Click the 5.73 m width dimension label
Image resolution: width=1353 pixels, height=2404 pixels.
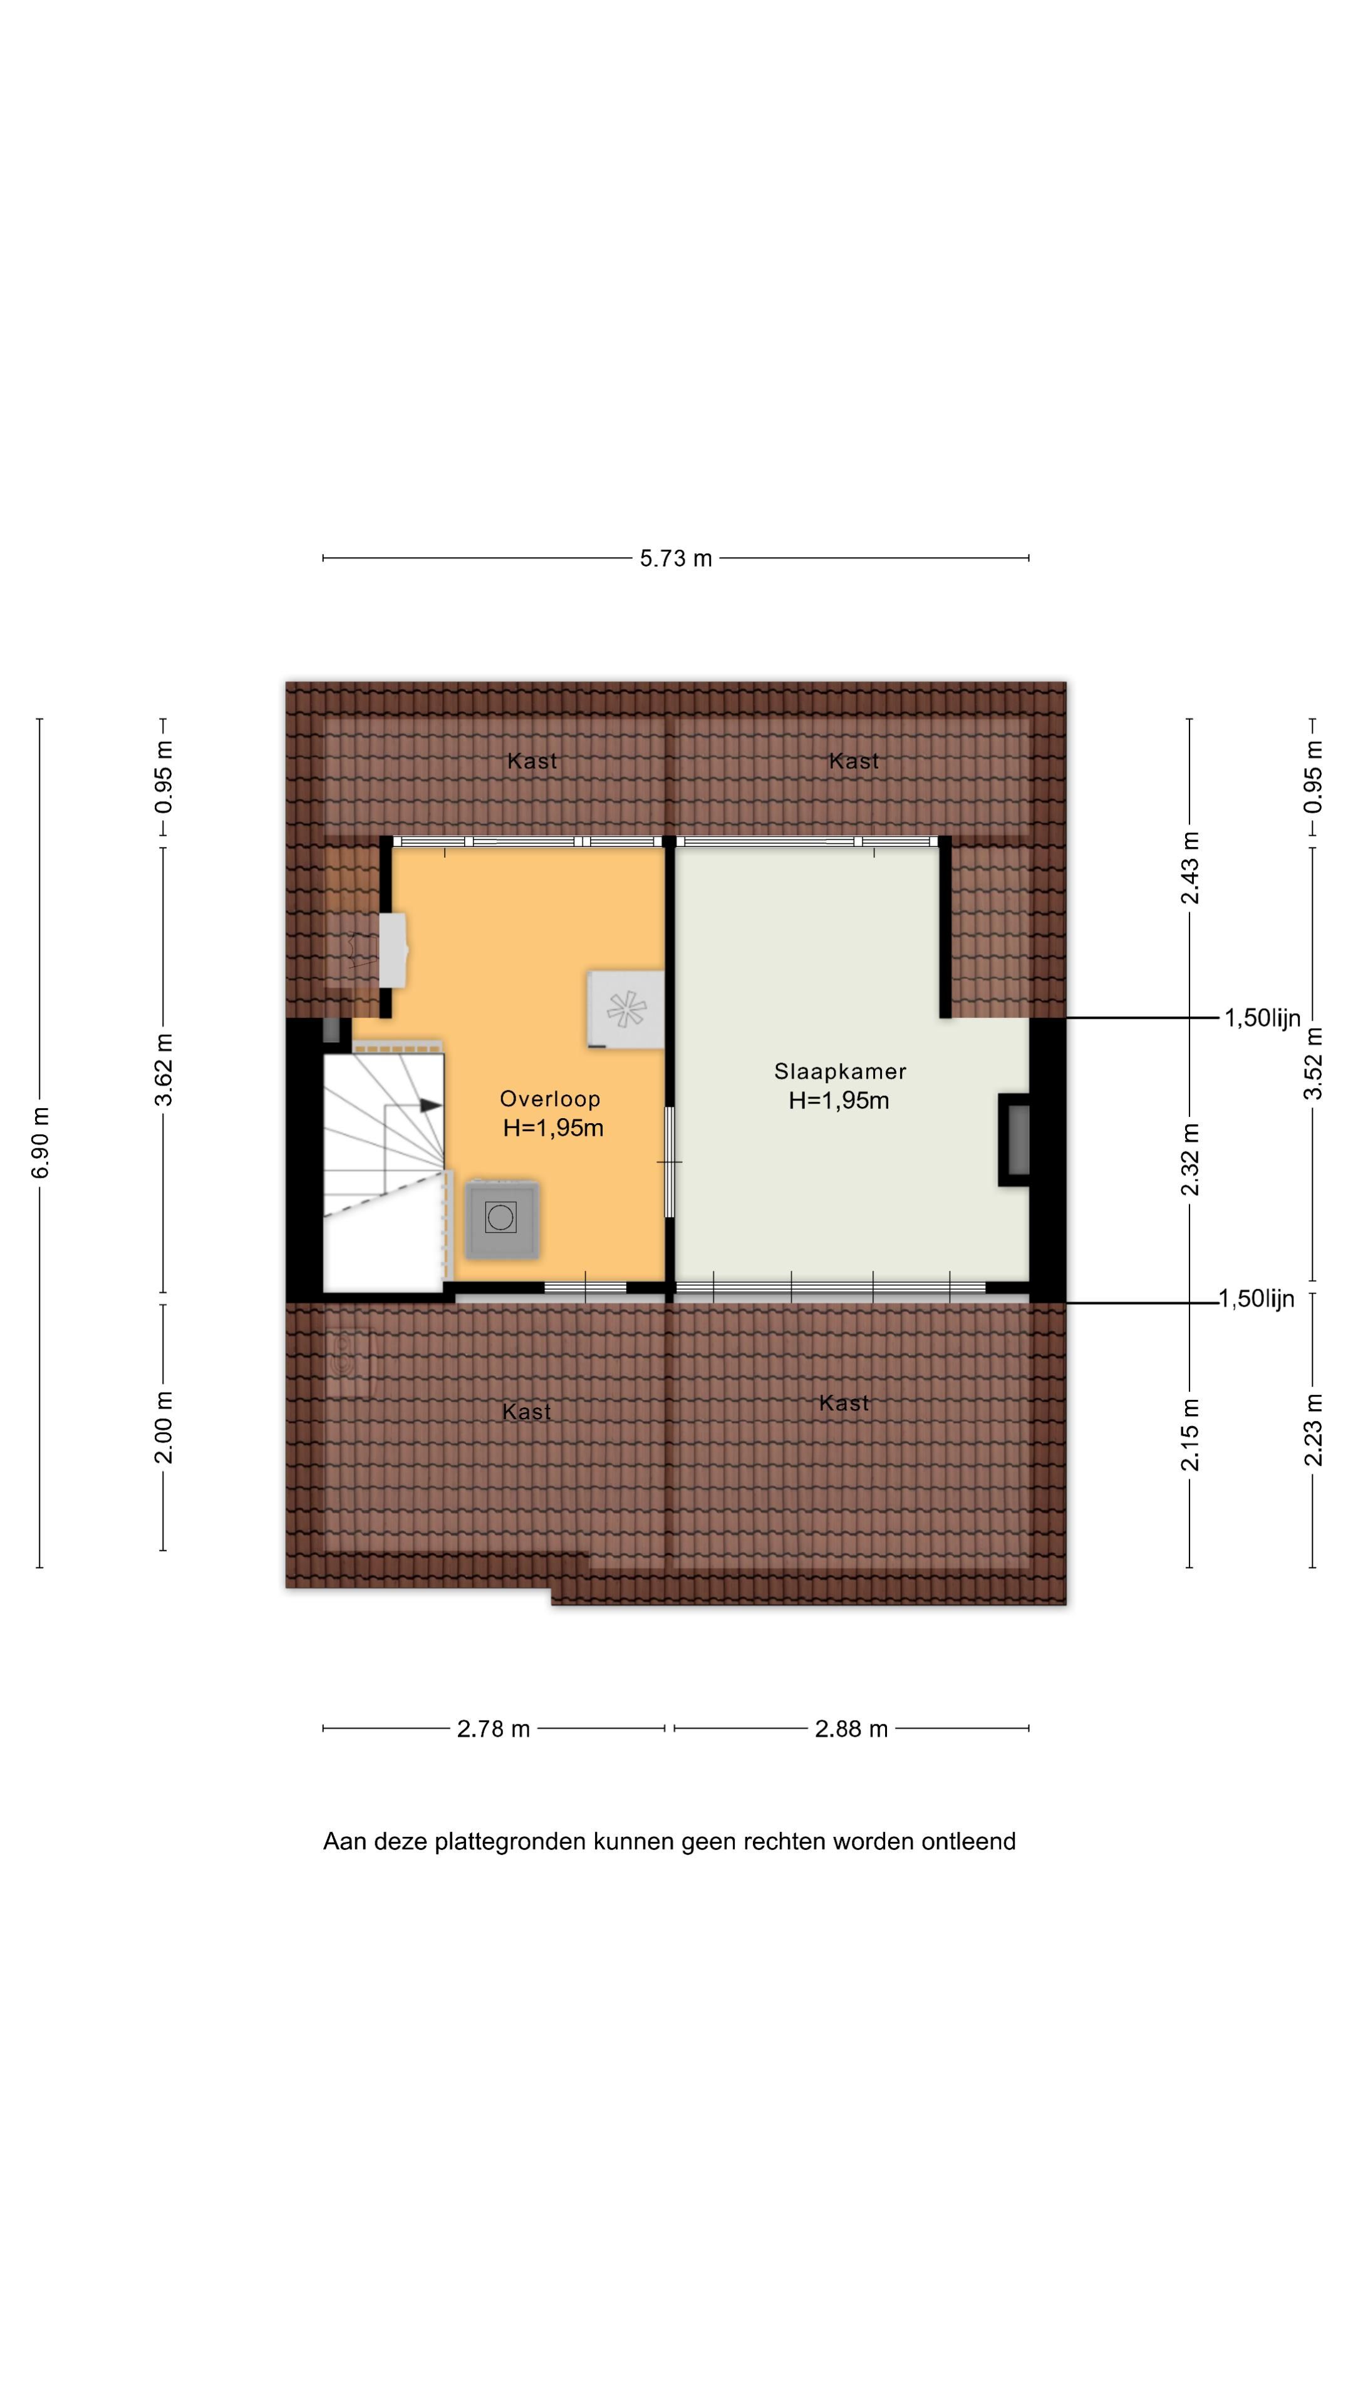[x=675, y=558]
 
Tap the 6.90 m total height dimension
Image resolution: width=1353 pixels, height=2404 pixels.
[x=40, y=1143]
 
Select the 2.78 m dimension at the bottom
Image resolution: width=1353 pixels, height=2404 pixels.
[x=493, y=1729]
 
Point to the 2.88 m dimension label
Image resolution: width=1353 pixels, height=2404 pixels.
[x=851, y=1729]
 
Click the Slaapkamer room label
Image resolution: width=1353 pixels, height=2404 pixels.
[x=839, y=1071]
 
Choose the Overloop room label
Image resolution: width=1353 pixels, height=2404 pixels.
[x=550, y=1099]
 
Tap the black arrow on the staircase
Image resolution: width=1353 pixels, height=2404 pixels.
[x=430, y=1105]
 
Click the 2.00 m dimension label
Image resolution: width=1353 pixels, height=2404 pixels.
[x=164, y=1427]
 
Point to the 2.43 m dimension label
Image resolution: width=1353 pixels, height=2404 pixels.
[x=1190, y=868]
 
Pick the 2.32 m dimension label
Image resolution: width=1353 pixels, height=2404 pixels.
[x=1190, y=1159]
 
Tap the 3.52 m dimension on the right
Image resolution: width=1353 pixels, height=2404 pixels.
[x=1313, y=1063]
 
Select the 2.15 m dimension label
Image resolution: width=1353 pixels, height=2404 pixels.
[x=1190, y=1434]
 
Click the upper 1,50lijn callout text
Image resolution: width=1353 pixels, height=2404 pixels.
[x=1262, y=1018]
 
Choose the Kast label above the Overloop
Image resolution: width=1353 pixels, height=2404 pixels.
[x=532, y=761]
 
